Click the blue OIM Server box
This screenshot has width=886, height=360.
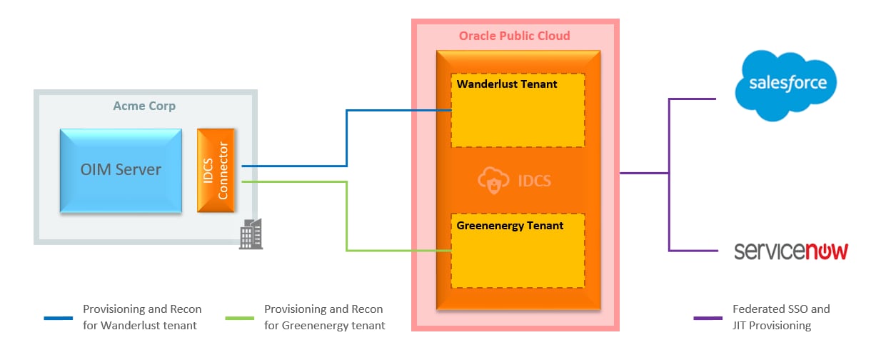[x=121, y=170]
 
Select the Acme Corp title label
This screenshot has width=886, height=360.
[x=144, y=106]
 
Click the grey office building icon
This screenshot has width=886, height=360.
[x=251, y=234]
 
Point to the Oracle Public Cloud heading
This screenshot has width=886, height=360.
[x=514, y=36]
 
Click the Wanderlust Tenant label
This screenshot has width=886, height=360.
[x=507, y=84]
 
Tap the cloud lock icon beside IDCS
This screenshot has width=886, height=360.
[x=493, y=181]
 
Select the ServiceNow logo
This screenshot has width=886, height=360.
[x=791, y=251]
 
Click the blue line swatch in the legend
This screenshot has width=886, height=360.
[x=58, y=318]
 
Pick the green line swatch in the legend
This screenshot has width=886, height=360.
[x=238, y=318]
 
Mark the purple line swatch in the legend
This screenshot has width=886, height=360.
[x=708, y=318]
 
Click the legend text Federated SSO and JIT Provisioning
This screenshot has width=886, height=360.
[x=781, y=317]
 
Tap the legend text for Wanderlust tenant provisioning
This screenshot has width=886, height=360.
[x=142, y=317]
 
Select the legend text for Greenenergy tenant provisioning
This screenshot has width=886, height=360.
[x=324, y=317]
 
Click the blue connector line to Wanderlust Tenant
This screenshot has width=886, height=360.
[x=347, y=136]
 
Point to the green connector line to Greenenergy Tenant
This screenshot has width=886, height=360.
[x=347, y=214]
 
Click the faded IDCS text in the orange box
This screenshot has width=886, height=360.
[x=534, y=181]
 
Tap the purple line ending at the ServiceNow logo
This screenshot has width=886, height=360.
[x=693, y=251]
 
